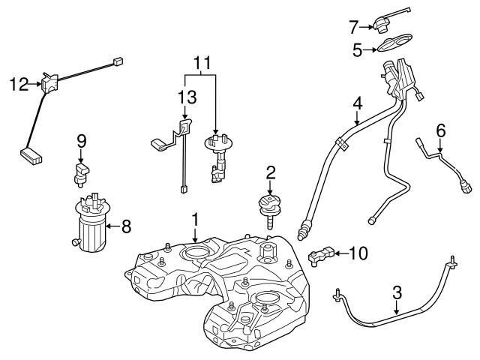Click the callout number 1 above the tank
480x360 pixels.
194,219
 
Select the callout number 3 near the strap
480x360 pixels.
398,292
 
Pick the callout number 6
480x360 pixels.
440,130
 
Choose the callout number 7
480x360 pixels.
353,27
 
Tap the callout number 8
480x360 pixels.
127,223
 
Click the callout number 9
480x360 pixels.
82,139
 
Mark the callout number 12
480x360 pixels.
18,85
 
